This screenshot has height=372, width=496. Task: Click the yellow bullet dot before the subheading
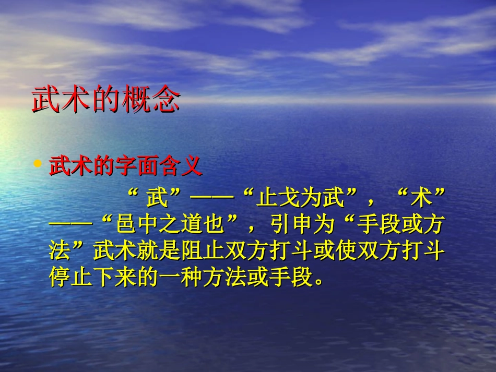click(37, 164)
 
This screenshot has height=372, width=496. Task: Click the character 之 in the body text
click(169, 226)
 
